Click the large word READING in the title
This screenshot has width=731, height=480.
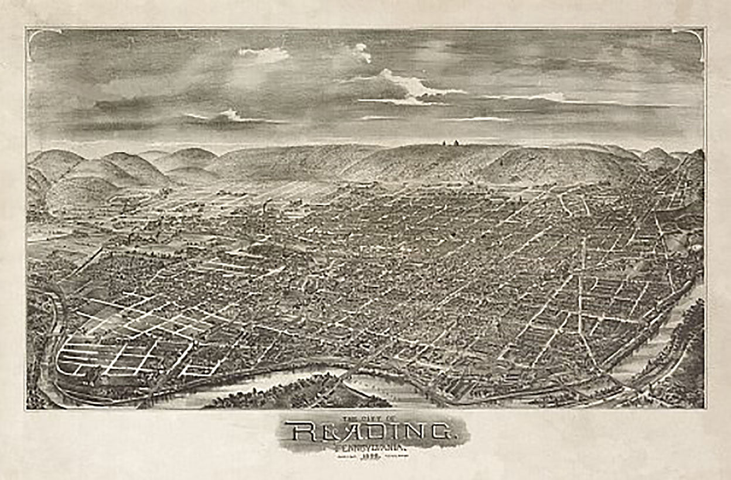point(373,433)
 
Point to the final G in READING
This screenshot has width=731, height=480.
point(440,433)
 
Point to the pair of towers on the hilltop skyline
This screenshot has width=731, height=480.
point(448,142)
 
